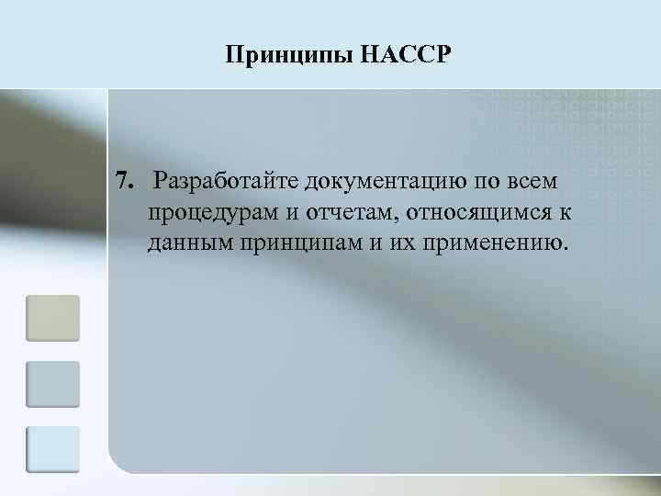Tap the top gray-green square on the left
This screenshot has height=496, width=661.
pos(52,318)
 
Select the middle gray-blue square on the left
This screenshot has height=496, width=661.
pos(52,384)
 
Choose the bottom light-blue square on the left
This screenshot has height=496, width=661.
pos(52,449)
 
